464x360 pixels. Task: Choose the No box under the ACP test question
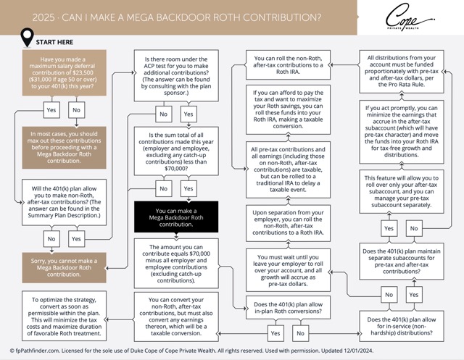pyautogui.click(x=164, y=114)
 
